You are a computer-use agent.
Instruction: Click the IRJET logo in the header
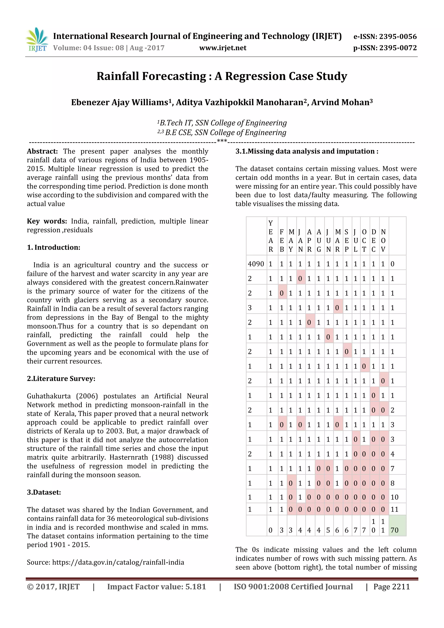(x=37, y=40)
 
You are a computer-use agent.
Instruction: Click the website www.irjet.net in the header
(x=223, y=48)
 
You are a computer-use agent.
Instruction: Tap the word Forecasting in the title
(x=173, y=76)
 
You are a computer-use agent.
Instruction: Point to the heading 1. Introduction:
(x=54, y=248)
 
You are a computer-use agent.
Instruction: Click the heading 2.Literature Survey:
(x=61, y=379)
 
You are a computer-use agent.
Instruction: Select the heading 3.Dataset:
(x=44, y=492)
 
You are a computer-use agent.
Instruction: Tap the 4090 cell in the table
(x=256, y=264)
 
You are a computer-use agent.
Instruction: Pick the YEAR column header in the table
(x=271, y=236)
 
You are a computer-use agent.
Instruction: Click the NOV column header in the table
(x=383, y=241)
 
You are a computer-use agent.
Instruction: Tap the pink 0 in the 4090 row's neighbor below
(x=300, y=279)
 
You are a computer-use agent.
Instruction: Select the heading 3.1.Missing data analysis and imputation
(x=307, y=152)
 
